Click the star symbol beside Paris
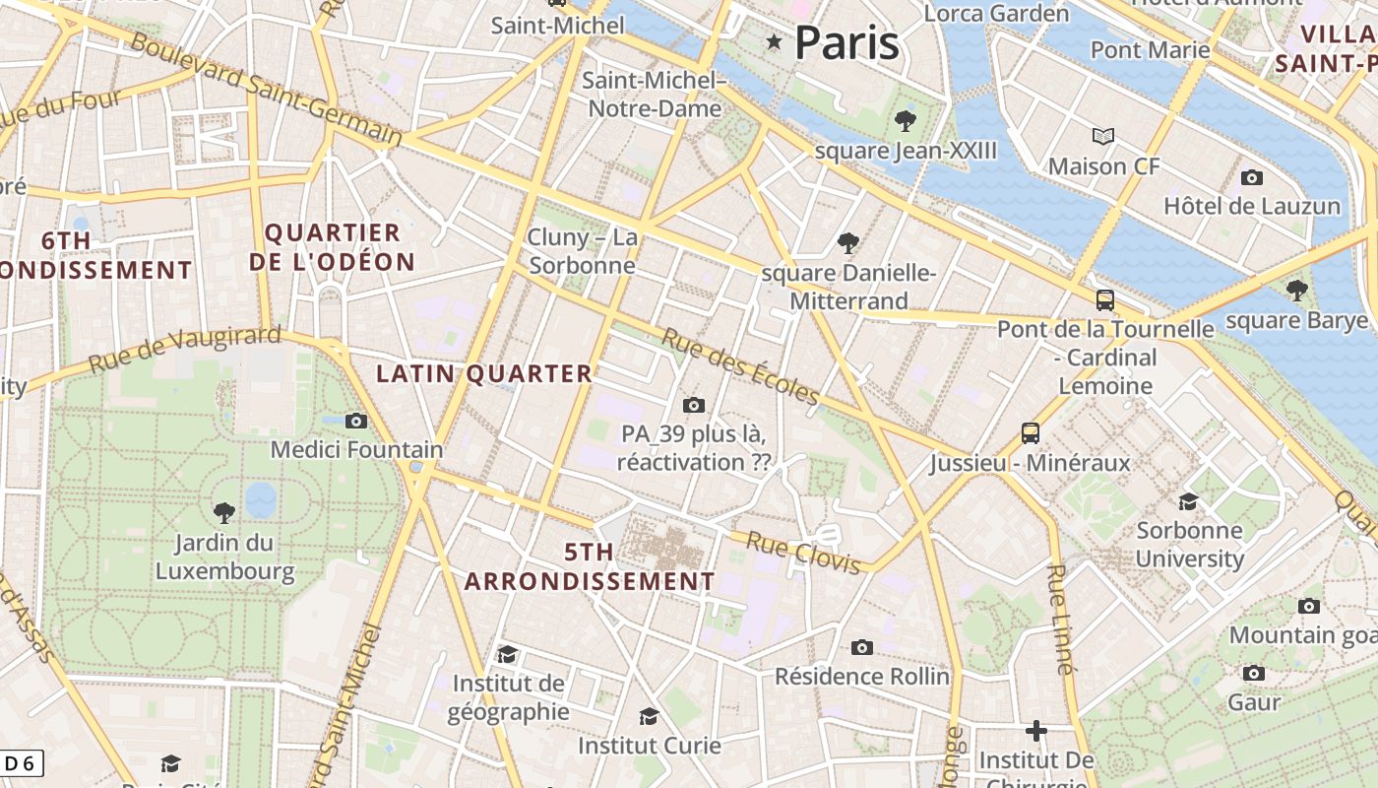775,41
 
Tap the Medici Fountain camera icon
356,422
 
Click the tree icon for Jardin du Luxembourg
224,512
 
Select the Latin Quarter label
484,373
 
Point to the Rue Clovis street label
803,553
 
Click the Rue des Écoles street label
739,366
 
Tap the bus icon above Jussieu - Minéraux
1030,432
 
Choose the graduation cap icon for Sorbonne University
1188,501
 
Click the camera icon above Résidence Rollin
862,647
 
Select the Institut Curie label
649,746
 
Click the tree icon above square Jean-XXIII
906,121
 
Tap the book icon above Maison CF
1103,136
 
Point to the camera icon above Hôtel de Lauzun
1252,177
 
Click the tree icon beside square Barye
1297,290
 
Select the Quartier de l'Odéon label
332,247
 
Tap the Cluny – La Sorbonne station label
583,251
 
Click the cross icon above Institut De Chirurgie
1035,731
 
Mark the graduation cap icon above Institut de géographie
507,654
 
